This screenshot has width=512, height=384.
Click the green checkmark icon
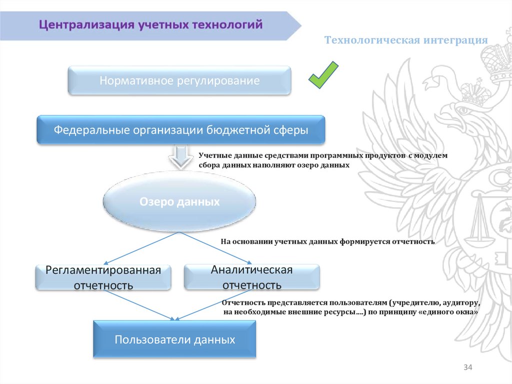click(323, 76)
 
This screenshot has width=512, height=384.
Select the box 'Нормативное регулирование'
click(179, 81)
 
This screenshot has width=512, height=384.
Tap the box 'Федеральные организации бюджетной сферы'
click(181, 130)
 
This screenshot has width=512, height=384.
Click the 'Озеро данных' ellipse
click(179, 202)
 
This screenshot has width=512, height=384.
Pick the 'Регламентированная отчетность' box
click(103, 278)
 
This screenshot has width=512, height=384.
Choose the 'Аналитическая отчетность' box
click(251, 277)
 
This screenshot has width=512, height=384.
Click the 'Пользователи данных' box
click(174, 339)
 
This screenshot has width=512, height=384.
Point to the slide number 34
click(468, 368)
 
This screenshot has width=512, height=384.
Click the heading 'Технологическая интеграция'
click(406, 40)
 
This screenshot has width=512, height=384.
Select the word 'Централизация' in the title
click(86, 25)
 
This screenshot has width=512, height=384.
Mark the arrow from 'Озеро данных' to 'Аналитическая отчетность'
click(216, 247)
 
